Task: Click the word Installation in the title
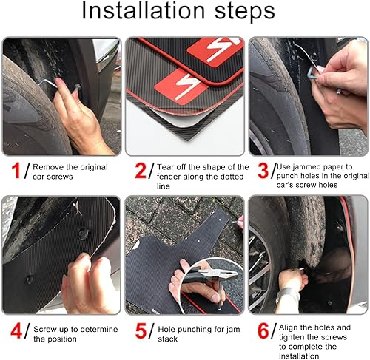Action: (143, 10)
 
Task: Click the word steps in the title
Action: (245, 12)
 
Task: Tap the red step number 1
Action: (16, 171)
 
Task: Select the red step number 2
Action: (141, 171)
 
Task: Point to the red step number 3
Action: (263, 171)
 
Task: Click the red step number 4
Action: (16, 331)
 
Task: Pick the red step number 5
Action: (141, 331)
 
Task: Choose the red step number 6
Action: (263, 331)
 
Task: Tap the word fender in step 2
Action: (169, 177)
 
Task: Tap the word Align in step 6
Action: (289, 327)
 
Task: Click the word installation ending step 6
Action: (299, 356)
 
